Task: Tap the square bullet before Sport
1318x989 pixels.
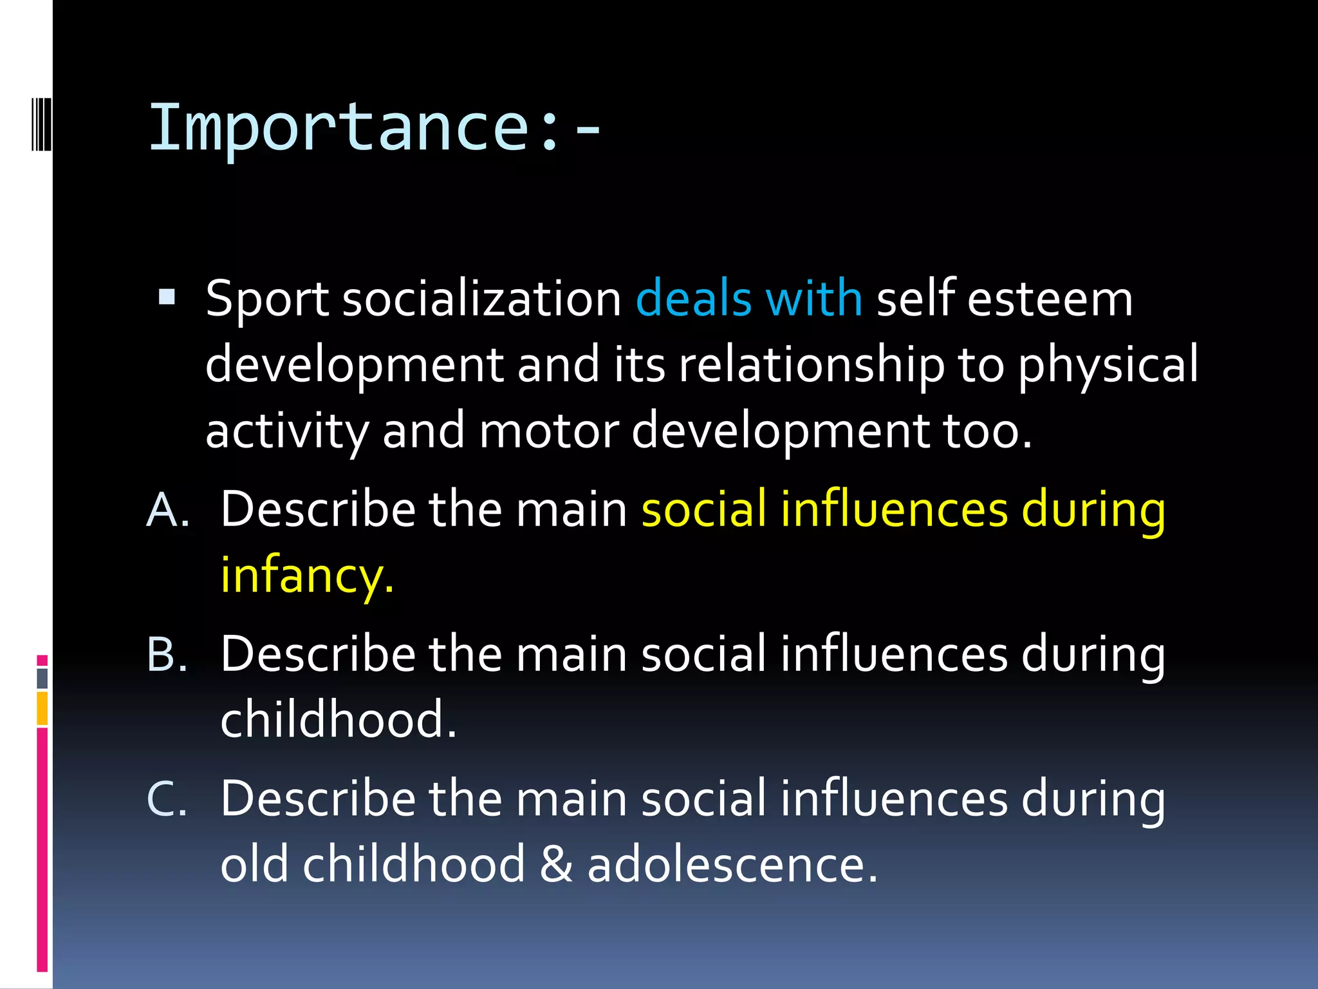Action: pos(167,297)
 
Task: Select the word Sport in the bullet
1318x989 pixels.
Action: pos(267,300)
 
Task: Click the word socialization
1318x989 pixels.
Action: pos(481,299)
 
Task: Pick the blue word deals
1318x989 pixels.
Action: pos(693,299)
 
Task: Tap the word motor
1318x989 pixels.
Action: pos(548,431)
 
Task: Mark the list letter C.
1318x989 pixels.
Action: pos(167,799)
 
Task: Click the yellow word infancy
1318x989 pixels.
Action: pos(306,576)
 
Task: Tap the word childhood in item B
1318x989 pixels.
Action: pos(337,719)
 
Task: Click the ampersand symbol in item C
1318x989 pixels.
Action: pos(556,865)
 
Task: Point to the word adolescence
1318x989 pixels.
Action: pos(732,865)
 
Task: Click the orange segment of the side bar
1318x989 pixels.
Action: pos(42,708)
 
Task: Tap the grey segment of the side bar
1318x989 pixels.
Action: pos(42,678)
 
